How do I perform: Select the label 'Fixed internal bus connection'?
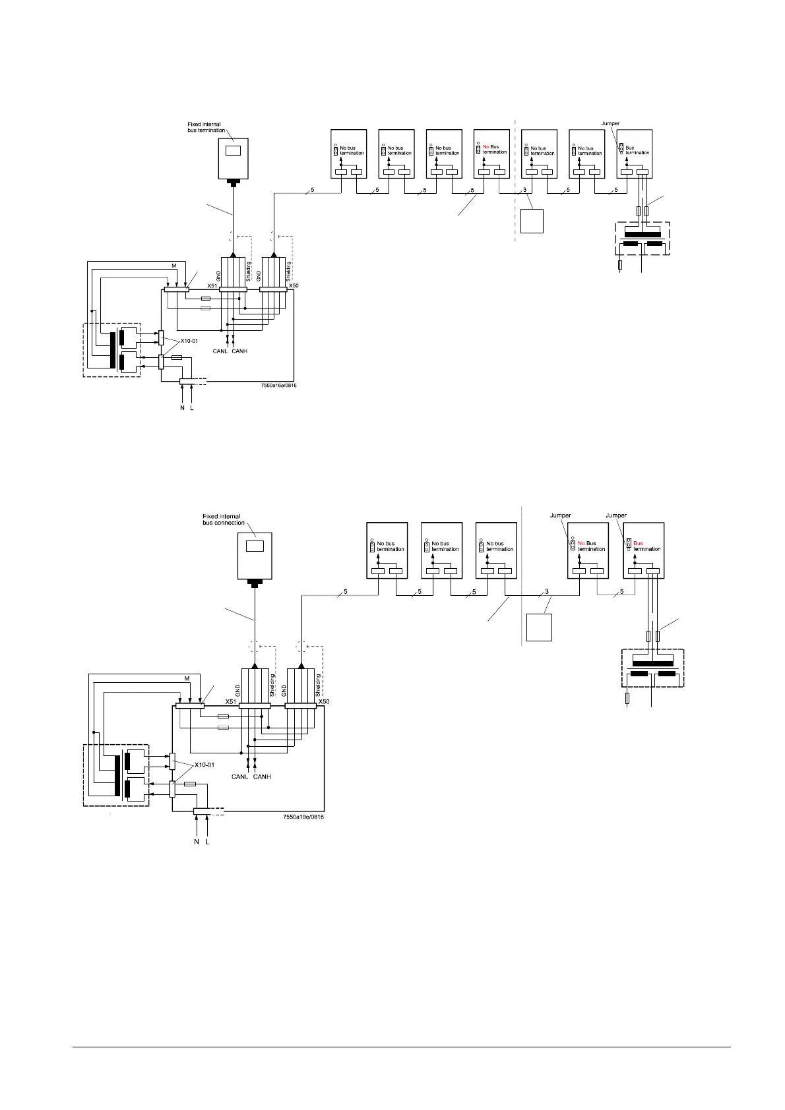(222, 519)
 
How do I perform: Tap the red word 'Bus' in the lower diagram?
(637, 544)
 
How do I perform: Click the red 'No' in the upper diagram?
(486, 147)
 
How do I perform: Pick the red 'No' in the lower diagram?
(581, 544)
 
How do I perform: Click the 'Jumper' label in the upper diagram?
(611, 123)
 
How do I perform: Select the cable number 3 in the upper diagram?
(524, 190)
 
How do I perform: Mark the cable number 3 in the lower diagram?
(547, 591)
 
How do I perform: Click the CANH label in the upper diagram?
(239, 351)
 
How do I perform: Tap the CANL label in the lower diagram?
(239, 777)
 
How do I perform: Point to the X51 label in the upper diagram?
(212, 286)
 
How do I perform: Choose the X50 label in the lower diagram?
(323, 702)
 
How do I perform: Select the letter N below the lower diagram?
(196, 842)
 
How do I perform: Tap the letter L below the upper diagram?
(192, 409)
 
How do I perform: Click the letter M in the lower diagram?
(187, 678)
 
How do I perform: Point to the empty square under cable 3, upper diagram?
(532, 221)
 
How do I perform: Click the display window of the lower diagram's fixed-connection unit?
(254, 546)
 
